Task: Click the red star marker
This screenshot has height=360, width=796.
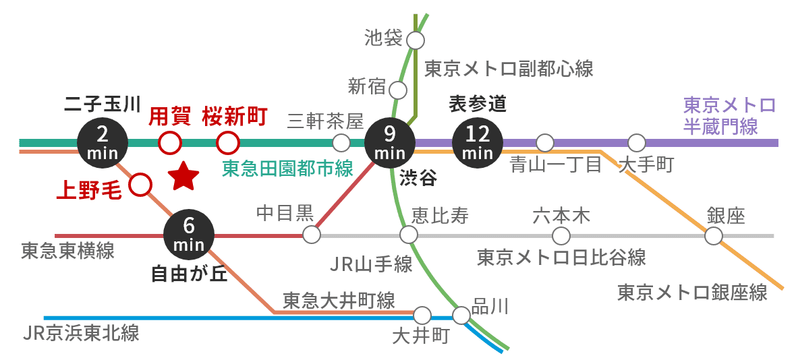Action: [183, 176]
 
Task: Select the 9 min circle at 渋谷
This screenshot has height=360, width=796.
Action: [389, 143]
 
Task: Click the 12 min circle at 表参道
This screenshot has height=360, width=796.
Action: [478, 142]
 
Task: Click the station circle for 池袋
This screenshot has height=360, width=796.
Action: [416, 40]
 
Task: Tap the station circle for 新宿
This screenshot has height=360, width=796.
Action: [399, 90]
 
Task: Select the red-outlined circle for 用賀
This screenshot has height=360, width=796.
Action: [169, 143]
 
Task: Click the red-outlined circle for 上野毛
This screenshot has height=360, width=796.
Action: [140, 184]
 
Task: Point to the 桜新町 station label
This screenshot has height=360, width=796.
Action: [235, 117]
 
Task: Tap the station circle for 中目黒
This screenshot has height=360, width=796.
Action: [312, 235]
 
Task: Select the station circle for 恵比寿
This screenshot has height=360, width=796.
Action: [409, 235]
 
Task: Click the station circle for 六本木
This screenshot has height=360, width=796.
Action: [561, 235]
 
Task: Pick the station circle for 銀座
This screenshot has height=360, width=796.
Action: [714, 235]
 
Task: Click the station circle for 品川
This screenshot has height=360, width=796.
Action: [462, 315]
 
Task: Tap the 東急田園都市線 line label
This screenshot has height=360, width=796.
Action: [287, 169]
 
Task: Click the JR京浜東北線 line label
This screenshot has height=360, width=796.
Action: [80, 333]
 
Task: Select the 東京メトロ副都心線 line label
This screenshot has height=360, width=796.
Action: [509, 68]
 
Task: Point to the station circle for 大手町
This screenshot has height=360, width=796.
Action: [637, 143]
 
